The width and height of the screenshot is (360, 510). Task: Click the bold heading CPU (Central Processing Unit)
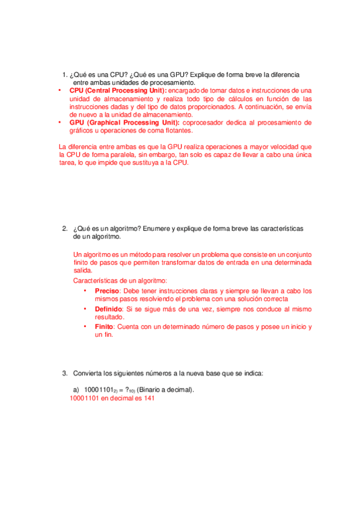(118, 90)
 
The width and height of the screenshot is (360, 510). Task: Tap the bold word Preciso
(107, 290)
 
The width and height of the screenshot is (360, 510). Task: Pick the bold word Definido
(108, 309)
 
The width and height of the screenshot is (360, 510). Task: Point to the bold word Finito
(105, 327)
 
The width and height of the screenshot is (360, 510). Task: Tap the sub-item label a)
(76, 390)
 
